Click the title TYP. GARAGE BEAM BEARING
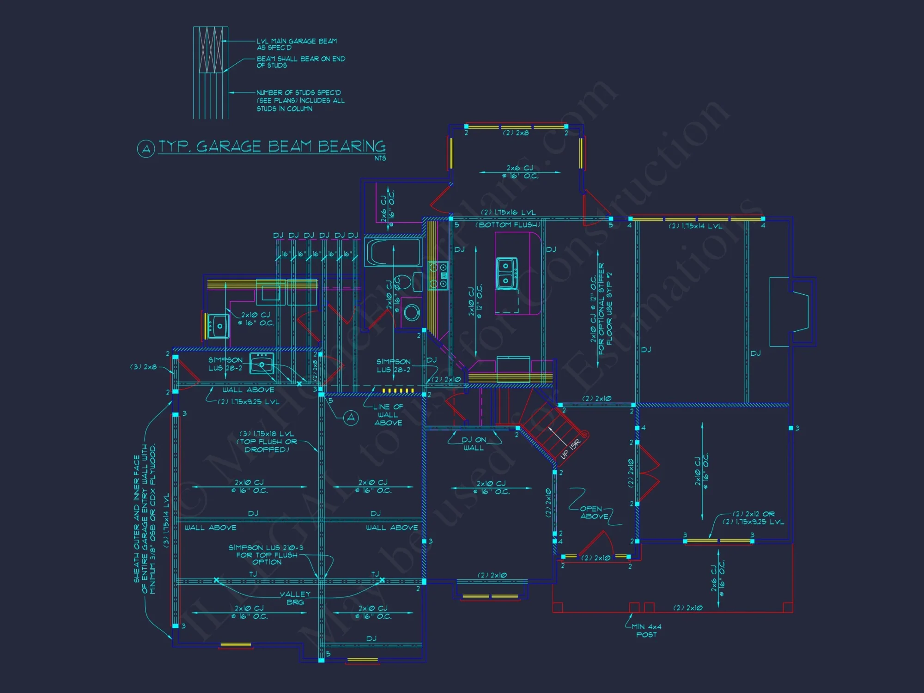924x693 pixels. (272, 146)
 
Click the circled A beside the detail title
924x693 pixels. (146, 149)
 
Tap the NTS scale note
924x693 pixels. (380, 158)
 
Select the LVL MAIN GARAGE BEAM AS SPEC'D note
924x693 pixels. (297, 44)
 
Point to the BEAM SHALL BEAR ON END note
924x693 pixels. (301, 62)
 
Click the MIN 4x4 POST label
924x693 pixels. (646, 631)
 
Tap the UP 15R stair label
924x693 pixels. (570, 449)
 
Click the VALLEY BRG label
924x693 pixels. (295, 598)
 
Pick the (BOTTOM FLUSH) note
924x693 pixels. (508, 225)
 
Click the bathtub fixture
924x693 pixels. (393, 252)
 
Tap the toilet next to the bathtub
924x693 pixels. (404, 281)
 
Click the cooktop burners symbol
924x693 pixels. (438, 276)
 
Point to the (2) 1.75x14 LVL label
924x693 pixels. (695, 226)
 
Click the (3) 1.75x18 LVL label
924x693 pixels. (267, 441)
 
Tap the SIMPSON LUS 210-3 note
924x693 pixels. (266, 555)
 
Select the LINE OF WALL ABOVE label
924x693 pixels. (388, 414)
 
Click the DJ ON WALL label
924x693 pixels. (474, 444)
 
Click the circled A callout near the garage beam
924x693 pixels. (351, 418)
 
